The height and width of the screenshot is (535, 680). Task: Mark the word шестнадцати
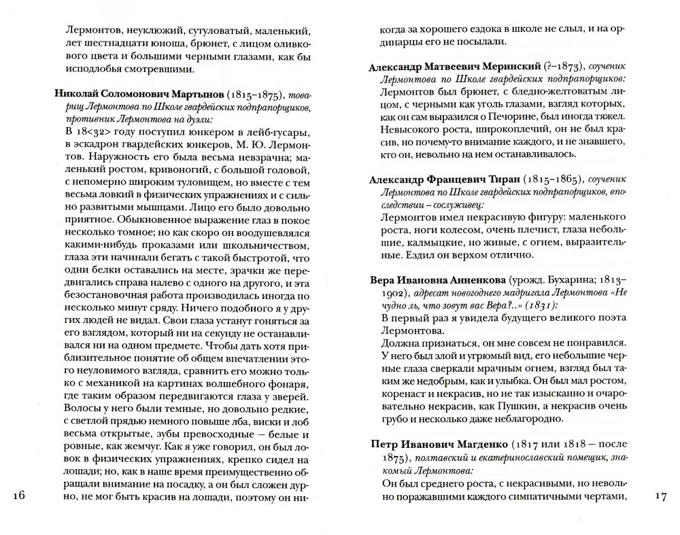(x=112, y=44)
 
